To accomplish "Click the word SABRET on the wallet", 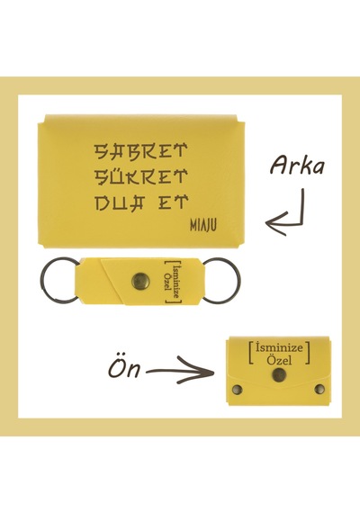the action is tap(140, 151).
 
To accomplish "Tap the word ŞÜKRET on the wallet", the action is tap(140, 176).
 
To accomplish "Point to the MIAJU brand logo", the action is tap(202, 225).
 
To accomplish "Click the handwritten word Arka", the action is tap(297, 165).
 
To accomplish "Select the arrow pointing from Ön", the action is tap(180, 371).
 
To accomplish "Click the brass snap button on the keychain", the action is tap(140, 281).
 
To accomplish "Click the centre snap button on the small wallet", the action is tap(279, 374).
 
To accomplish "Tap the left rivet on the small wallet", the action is tap(237, 390).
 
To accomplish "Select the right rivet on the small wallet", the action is tap(319, 390).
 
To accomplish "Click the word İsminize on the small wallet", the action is tap(279, 347).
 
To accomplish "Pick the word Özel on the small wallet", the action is tap(279, 360).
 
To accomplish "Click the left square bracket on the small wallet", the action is tap(250, 353).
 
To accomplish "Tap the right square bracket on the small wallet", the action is tap(308, 353).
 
